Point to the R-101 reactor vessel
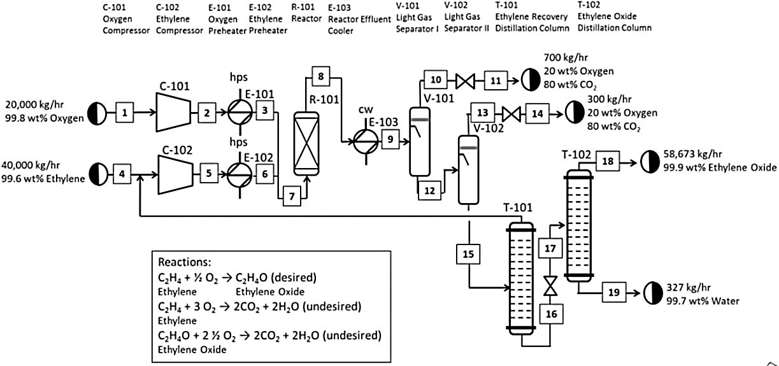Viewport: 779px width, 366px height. pyautogui.click(x=305, y=143)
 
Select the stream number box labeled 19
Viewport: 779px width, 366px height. pyautogui.click(x=613, y=292)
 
